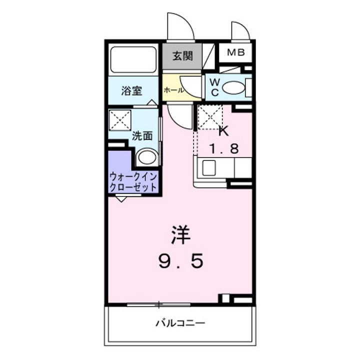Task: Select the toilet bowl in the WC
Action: [x=233, y=88]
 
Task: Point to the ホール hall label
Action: [x=172, y=90]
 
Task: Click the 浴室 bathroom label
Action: [x=132, y=91]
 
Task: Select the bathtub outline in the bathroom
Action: [x=132, y=60]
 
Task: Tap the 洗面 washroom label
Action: [x=142, y=135]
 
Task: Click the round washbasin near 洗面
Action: [x=147, y=157]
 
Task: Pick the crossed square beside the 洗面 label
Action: [x=120, y=120]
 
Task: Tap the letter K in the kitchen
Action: [x=223, y=131]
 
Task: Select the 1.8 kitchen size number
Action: [x=223, y=148]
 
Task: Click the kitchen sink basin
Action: [x=209, y=168]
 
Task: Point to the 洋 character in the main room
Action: [x=181, y=235]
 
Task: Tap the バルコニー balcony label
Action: [x=180, y=322]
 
